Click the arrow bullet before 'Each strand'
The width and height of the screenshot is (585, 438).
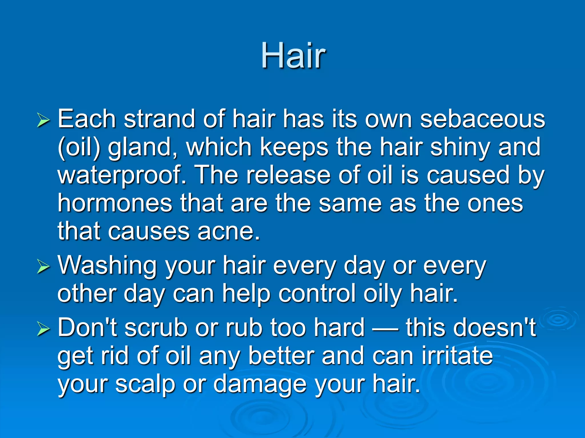pos(43,120)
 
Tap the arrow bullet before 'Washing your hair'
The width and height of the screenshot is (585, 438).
pos(43,267)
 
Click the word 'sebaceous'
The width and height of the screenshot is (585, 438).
pos(482,119)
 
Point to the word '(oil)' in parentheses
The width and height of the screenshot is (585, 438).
pos(79,147)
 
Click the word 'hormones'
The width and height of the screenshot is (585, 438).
pos(115,203)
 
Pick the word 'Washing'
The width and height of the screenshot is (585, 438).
pos(107,266)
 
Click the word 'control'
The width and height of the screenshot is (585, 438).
pos(317,294)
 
